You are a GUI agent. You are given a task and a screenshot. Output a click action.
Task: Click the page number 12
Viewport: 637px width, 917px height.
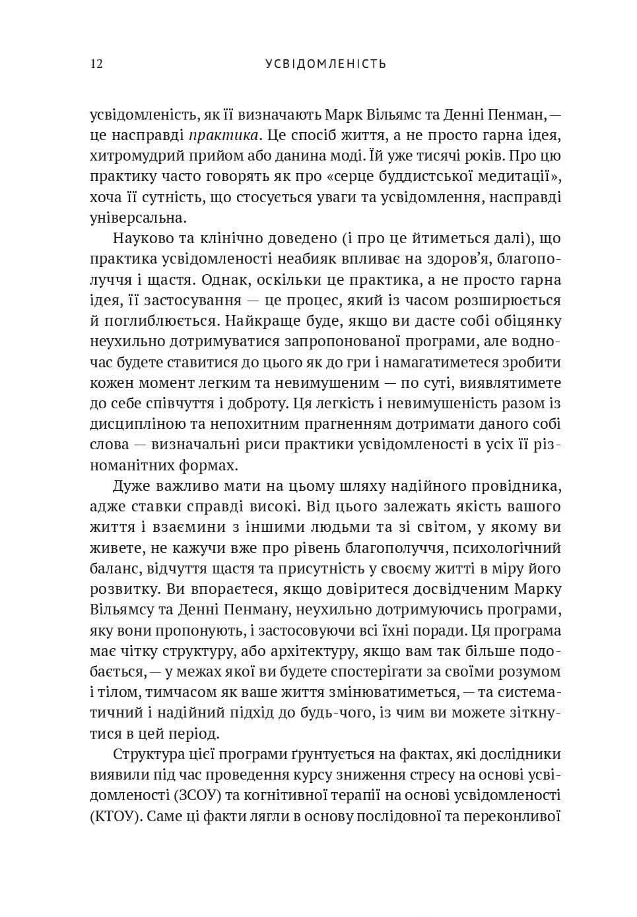click(96, 64)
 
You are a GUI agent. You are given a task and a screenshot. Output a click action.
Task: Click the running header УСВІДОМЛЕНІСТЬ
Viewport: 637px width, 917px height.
click(325, 64)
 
